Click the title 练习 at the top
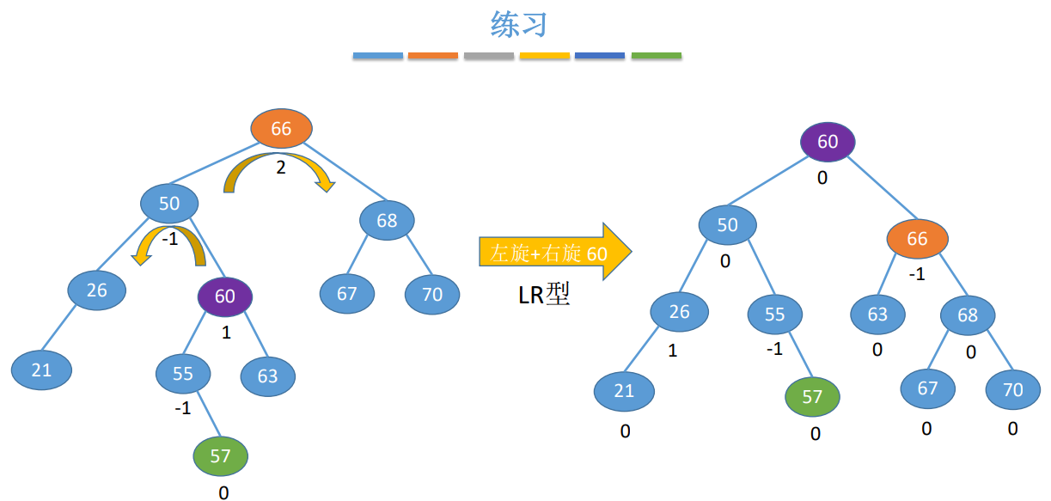[x=519, y=24]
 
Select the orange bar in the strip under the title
[x=433, y=56]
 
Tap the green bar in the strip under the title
[x=656, y=56]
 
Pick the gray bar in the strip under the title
[x=489, y=56]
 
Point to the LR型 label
[x=544, y=296]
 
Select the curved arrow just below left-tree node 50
[x=172, y=245]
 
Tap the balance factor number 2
[x=281, y=168]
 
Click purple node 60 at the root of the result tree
[x=828, y=142]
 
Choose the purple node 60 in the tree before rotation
[x=225, y=297]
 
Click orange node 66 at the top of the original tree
[x=281, y=129]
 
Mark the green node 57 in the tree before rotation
[x=221, y=455]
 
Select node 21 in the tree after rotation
[x=624, y=391]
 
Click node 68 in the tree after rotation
[x=968, y=315]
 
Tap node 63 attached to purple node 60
[x=267, y=376]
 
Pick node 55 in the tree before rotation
[x=183, y=374]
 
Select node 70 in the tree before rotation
[x=432, y=295]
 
